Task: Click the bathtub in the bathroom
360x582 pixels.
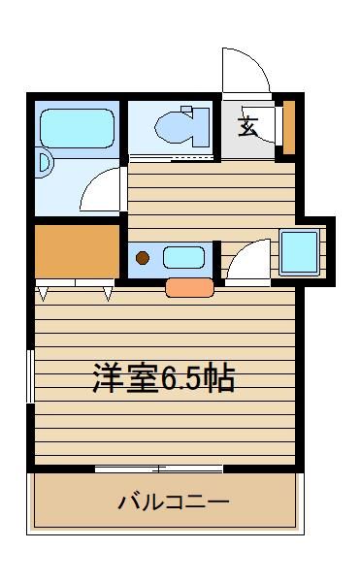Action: [x=77, y=128]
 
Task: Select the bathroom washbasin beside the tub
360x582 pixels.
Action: [x=45, y=163]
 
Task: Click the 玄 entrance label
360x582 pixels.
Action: [x=247, y=127]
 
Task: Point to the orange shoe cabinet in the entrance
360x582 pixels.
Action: [x=289, y=127]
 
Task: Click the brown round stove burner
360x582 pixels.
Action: [x=143, y=258]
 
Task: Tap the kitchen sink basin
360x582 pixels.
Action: [x=183, y=258]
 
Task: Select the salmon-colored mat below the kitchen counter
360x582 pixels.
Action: [x=189, y=288]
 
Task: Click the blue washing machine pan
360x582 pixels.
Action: [x=299, y=252]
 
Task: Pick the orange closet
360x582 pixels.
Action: [x=77, y=251]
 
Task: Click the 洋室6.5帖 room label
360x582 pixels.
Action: [x=164, y=378]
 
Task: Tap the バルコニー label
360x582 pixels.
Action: [x=174, y=502]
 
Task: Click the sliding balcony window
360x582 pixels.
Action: [x=159, y=469]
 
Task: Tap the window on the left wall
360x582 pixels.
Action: [x=30, y=375]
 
